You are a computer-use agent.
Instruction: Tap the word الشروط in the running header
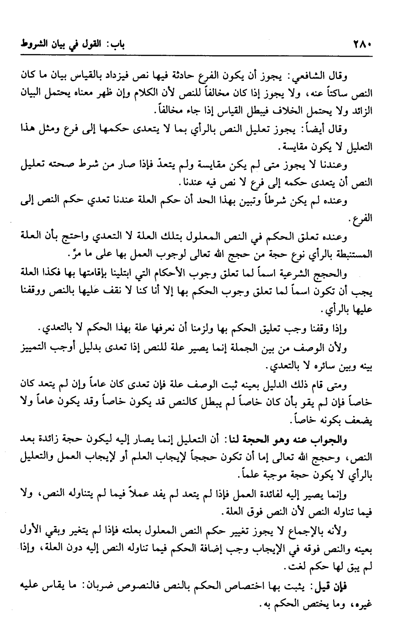[x=30, y=45]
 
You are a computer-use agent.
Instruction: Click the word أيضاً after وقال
[x=324, y=130]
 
